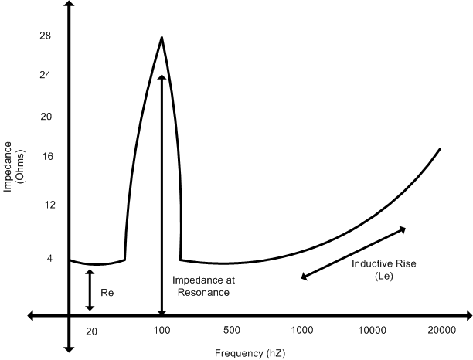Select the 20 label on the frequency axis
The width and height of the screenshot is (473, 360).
point(91,331)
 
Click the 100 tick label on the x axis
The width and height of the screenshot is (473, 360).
point(162,331)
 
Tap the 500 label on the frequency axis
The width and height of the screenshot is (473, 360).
point(232,331)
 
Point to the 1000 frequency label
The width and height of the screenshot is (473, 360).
point(302,331)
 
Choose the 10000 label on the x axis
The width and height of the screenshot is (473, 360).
point(372,331)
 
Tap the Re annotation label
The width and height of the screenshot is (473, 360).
point(108,294)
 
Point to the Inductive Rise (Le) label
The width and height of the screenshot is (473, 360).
point(384,270)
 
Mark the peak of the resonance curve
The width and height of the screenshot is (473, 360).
point(162,37)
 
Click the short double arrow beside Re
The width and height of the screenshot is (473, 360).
point(90,290)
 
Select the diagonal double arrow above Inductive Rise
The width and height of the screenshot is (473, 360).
point(352,252)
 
